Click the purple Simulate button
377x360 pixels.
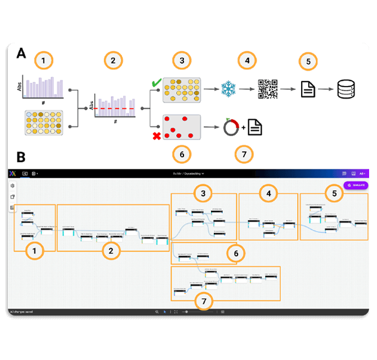tap(355, 185)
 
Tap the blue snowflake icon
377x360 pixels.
tap(228, 89)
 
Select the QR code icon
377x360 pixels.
tap(268, 89)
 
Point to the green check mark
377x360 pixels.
tap(156, 84)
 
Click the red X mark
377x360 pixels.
tap(157, 136)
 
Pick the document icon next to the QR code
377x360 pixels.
tap(307, 89)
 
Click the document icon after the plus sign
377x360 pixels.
tap(255, 128)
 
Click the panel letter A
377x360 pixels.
tap(21, 54)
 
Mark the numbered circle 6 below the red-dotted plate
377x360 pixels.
tap(182, 154)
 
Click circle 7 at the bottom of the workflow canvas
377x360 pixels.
tap(204, 301)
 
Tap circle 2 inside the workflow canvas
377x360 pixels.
tap(111, 251)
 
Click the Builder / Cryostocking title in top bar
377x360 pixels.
tap(188, 174)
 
